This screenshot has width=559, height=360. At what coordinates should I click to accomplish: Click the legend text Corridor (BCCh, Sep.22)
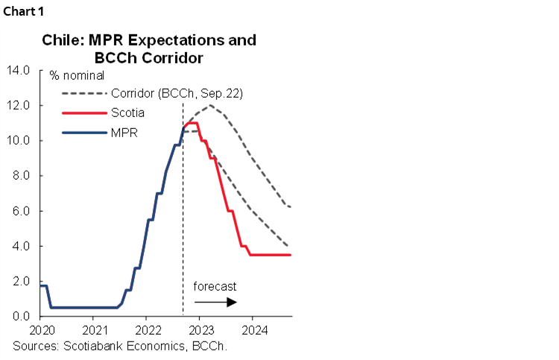coord(177,93)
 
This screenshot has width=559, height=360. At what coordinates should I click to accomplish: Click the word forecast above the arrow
coord(215,286)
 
